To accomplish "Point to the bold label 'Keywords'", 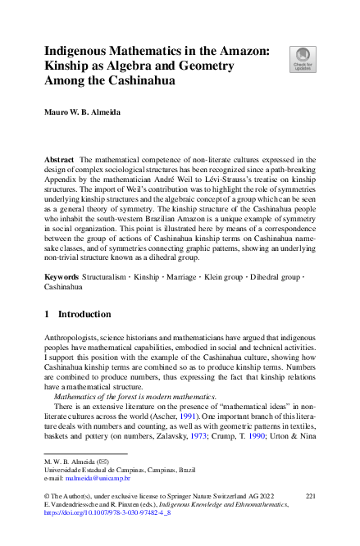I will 62,279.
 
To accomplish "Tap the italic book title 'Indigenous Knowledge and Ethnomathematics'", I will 233,507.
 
